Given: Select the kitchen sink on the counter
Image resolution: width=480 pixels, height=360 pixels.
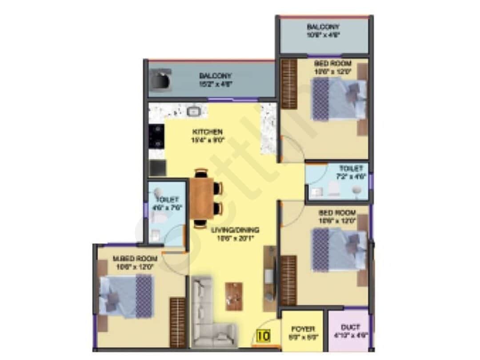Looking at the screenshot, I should pos(194,111).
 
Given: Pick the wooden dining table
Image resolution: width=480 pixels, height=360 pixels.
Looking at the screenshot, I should pos(202,197).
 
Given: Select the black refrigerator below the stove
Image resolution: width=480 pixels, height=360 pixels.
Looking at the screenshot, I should pos(157,168).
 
